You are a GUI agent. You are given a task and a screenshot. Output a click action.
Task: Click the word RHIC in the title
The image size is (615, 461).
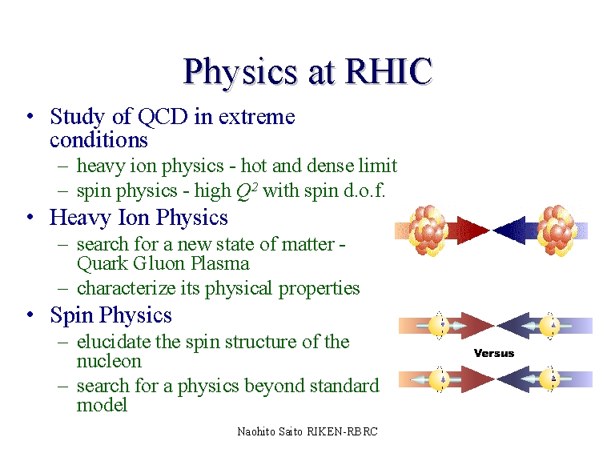point(388,71)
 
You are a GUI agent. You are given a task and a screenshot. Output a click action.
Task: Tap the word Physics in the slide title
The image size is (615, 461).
point(240,74)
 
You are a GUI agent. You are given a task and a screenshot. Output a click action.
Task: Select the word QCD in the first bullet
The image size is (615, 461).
point(163,117)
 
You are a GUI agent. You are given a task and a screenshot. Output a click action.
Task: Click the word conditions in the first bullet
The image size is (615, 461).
point(98,140)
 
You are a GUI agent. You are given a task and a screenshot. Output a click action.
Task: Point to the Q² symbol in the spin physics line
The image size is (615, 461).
point(247,191)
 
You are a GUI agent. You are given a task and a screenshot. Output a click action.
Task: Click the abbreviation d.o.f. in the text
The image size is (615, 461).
point(365,190)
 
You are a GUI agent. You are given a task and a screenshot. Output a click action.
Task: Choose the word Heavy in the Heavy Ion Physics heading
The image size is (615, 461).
point(80,218)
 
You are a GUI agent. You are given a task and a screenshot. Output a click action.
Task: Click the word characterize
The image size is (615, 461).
point(127,288)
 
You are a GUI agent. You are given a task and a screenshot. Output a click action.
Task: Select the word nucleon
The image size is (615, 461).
point(109,362)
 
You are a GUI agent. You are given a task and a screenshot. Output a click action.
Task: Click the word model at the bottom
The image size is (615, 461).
point(102,405)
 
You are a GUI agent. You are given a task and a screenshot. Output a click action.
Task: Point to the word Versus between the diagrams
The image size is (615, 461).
point(494,353)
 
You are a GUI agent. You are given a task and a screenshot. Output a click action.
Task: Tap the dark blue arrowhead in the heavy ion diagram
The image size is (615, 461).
point(508,230)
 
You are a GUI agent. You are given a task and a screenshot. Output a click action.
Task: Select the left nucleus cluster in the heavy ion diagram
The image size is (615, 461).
point(428,230)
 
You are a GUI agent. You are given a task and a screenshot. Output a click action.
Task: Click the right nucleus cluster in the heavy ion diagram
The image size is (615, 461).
point(557,230)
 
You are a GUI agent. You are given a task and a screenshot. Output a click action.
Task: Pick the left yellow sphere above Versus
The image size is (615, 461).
point(439,326)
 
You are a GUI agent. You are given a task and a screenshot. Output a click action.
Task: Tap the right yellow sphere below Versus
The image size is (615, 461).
point(549,379)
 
